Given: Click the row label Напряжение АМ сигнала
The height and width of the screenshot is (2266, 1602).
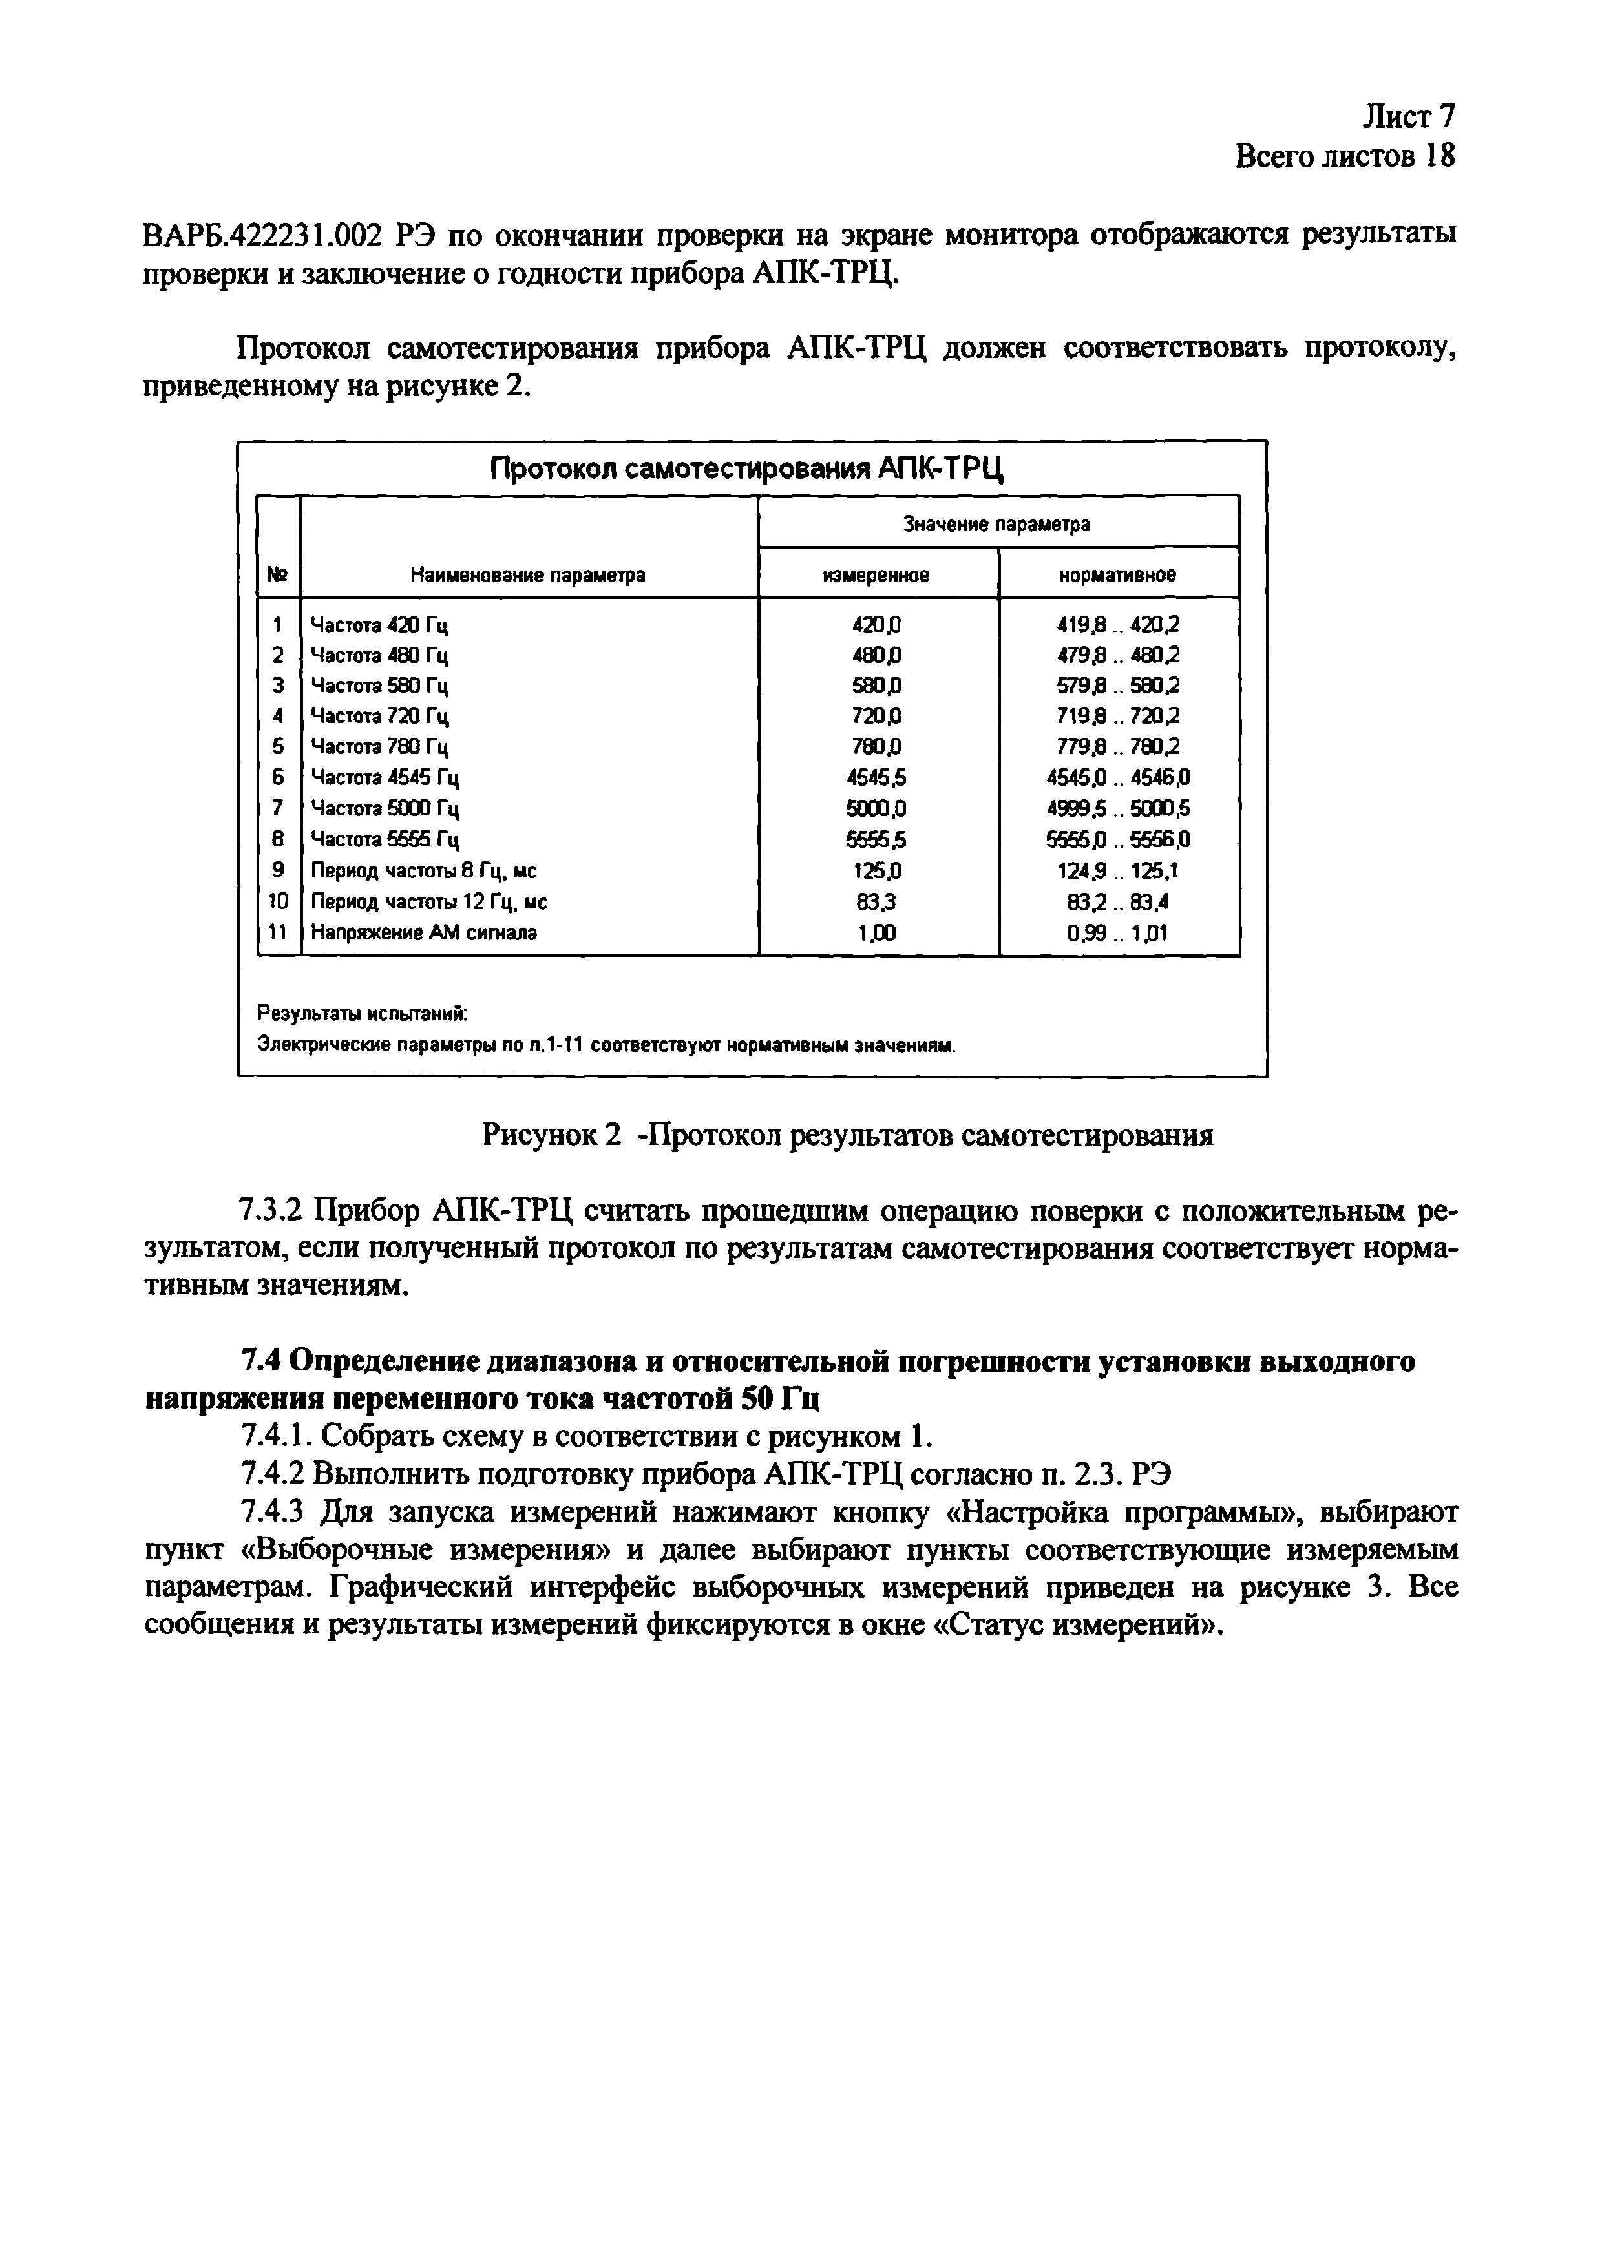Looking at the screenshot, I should pyautogui.click(x=425, y=932).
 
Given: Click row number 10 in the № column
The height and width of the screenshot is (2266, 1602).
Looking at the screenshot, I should pyautogui.click(x=279, y=901).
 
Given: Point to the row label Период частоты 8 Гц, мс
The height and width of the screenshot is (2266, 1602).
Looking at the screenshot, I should pyautogui.click(x=425, y=870).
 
